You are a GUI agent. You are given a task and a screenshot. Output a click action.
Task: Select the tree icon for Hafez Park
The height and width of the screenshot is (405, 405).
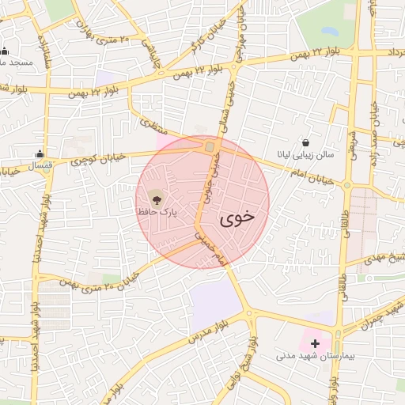154,198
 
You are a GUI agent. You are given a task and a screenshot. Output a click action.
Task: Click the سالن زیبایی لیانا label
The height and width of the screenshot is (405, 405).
305,155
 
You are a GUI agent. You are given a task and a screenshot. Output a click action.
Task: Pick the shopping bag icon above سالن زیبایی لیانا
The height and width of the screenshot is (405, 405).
305,142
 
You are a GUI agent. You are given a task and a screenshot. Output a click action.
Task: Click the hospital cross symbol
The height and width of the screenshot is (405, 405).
316,343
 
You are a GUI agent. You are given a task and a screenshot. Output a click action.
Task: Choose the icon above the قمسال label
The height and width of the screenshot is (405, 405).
40,154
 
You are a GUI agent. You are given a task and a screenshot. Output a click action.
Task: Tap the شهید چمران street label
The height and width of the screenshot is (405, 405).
372,316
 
